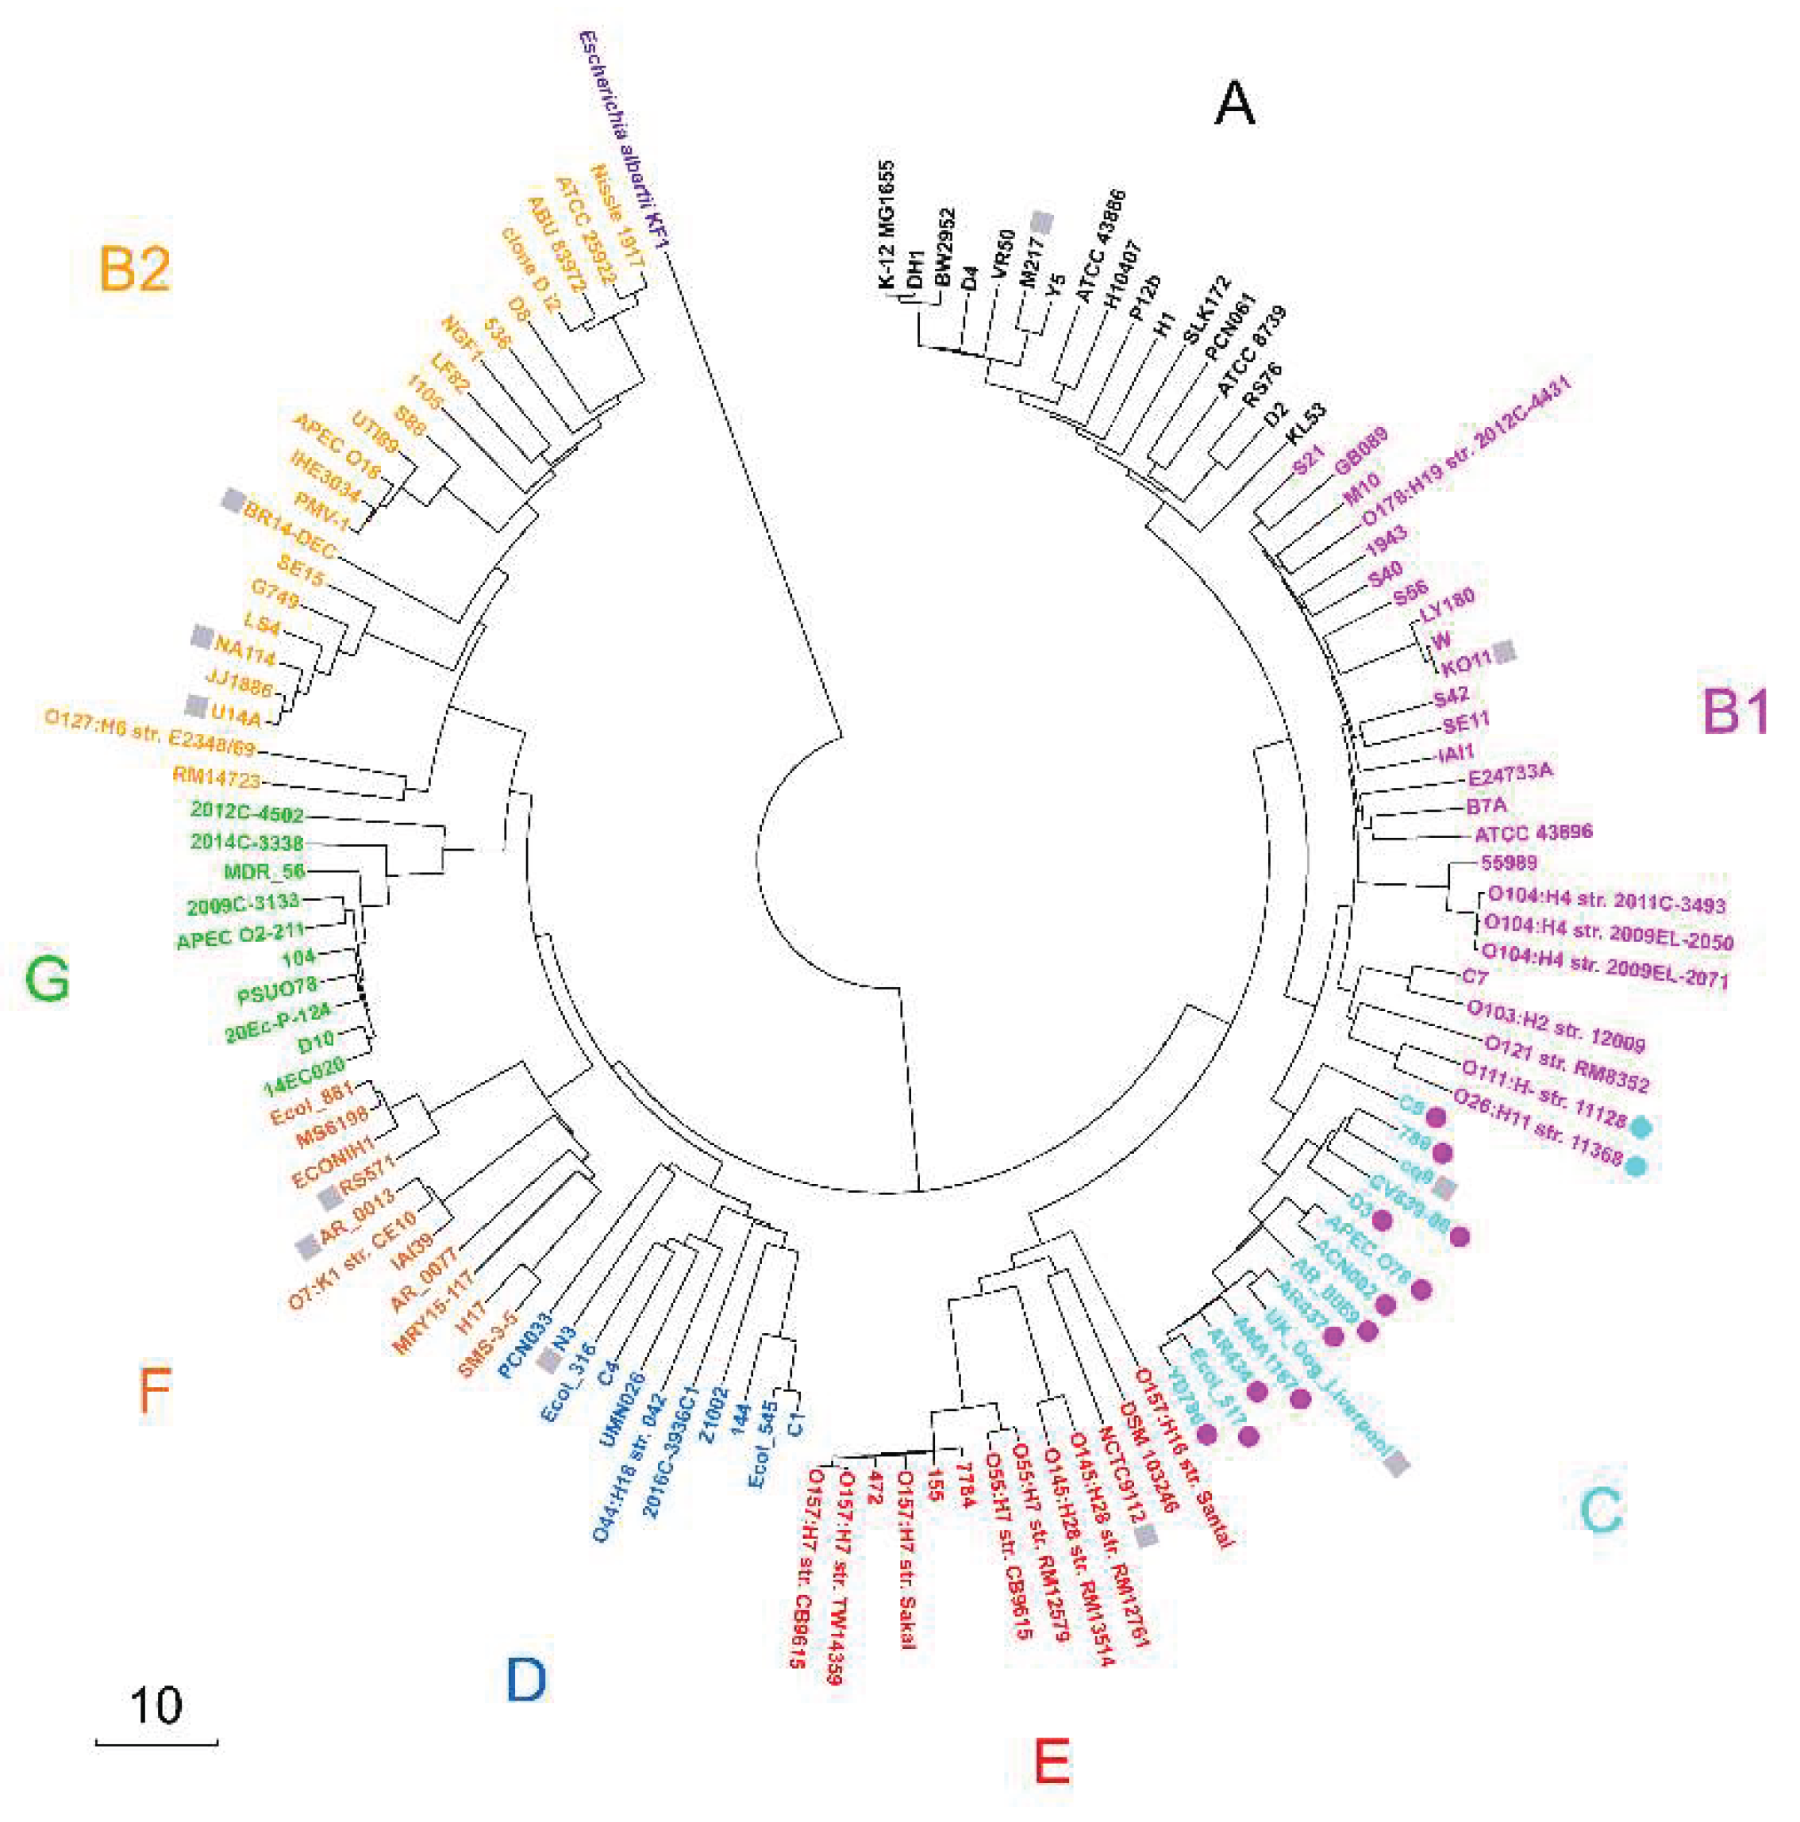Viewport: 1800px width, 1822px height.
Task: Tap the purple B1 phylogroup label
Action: tap(1735, 710)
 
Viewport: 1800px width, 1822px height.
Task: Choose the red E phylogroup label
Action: tap(1052, 1760)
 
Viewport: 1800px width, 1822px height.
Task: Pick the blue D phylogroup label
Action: tap(525, 1680)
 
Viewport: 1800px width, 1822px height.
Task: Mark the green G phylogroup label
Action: tap(47, 978)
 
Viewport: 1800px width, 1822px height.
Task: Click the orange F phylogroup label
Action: tap(154, 1391)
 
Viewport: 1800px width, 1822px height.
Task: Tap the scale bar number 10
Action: tap(156, 1705)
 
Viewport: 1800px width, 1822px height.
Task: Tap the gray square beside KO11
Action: tap(1506, 650)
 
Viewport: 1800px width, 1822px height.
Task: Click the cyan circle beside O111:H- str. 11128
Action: tap(1640, 1125)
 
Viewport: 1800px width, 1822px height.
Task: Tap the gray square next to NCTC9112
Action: tap(1145, 1536)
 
